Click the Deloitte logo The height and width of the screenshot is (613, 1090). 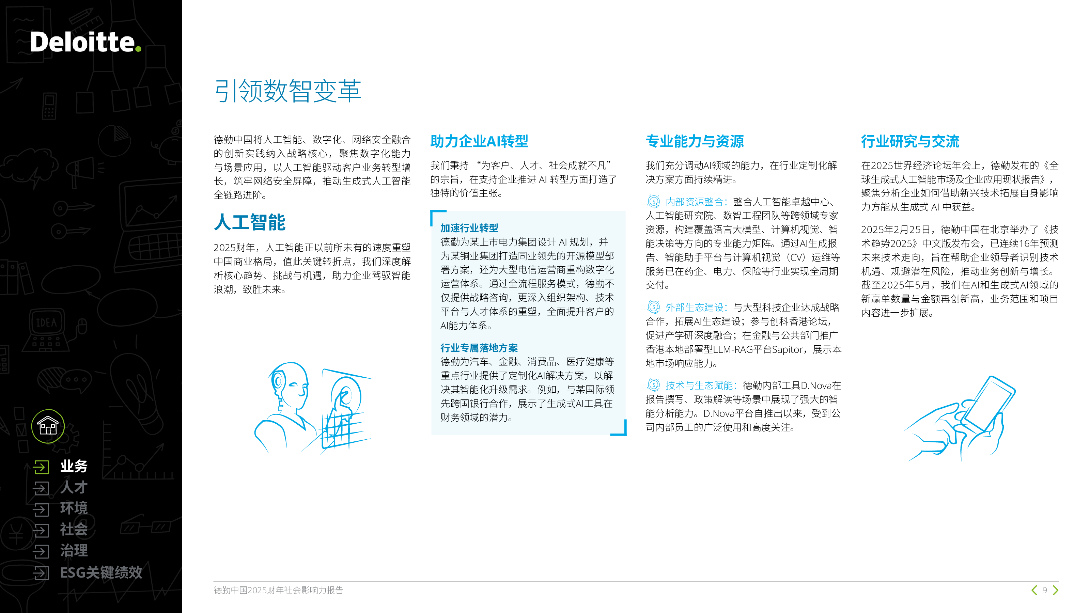pos(85,42)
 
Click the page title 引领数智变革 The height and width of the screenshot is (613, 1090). pos(288,91)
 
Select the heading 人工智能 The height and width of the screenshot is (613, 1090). pos(250,222)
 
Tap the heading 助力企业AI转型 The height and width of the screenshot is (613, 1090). pos(479,141)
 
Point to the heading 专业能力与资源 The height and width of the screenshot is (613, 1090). pos(695,141)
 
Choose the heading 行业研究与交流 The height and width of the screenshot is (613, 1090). pos(910,141)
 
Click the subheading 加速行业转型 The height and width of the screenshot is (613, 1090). pos(469,228)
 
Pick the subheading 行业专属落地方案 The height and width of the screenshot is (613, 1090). pos(479,348)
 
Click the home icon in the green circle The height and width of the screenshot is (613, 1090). pos(48,426)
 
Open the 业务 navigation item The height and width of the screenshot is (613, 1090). pos(74,466)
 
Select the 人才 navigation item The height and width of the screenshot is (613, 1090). pos(74,487)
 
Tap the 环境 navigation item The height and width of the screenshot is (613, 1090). pos(74,508)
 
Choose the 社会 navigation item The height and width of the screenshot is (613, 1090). pos(74,529)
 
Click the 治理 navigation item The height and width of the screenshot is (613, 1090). pos(74,550)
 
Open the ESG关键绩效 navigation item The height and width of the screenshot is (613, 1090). pos(101,572)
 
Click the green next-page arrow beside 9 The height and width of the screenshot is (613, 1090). pos(1055,590)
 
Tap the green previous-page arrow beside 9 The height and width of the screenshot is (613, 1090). pos(1034,590)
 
